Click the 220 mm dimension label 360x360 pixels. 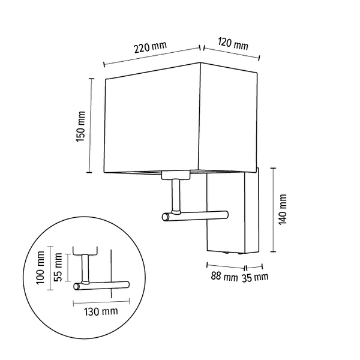click(x=151, y=47)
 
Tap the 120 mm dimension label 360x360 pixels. click(x=233, y=44)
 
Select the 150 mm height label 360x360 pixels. click(x=81, y=127)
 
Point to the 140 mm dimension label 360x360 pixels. click(x=283, y=209)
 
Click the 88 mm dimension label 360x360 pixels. click(x=224, y=277)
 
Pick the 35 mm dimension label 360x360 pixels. click(x=255, y=278)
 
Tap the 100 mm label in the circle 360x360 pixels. click(x=40, y=268)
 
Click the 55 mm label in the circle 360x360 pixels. click(x=58, y=267)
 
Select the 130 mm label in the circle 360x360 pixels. click(x=101, y=311)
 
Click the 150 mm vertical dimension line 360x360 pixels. click(x=91, y=125)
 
